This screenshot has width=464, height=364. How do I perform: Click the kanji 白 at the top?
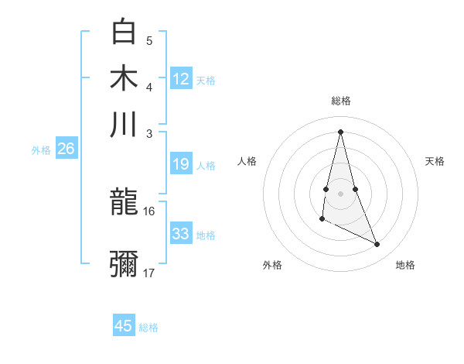click(124, 31)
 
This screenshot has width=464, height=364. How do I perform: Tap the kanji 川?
click(124, 124)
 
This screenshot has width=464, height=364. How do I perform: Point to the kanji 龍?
click(124, 203)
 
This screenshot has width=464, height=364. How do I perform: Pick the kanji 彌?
click(124, 264)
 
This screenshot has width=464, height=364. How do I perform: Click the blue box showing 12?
click(181, 79)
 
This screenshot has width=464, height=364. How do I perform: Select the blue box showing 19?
click(181, 164)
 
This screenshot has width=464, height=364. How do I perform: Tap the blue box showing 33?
click(181, 234)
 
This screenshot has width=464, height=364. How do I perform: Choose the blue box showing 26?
click(66, 149)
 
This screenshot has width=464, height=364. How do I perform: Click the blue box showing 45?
click(124, 326)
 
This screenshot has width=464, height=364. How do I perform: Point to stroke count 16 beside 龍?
click(149, 211)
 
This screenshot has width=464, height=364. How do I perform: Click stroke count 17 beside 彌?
click(149, 273)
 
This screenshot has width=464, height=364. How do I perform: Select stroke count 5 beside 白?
click(149, 40)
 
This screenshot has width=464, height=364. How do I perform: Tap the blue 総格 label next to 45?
click(148, 328)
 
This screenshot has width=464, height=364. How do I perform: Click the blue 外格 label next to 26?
click(41, 151)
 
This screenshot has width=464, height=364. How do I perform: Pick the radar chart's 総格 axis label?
click(340, 101)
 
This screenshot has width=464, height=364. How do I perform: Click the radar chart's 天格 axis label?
click(435, 161)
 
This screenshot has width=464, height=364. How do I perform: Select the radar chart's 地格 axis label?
click(405, 266)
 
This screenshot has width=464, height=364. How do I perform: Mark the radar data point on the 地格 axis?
click(377, 245)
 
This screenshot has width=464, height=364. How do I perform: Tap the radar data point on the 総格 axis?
click(340, 131)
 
